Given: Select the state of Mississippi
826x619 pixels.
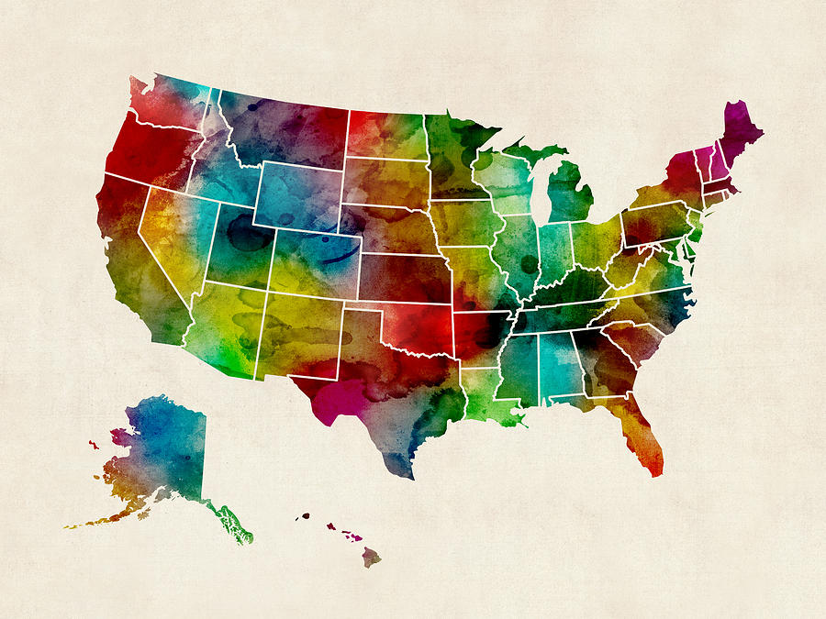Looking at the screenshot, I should pos(519,367).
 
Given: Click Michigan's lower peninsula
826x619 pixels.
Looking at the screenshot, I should pos(569,193).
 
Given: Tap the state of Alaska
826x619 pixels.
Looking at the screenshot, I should pos(165,449).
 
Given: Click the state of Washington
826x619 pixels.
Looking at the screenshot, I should pos(170,101).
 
